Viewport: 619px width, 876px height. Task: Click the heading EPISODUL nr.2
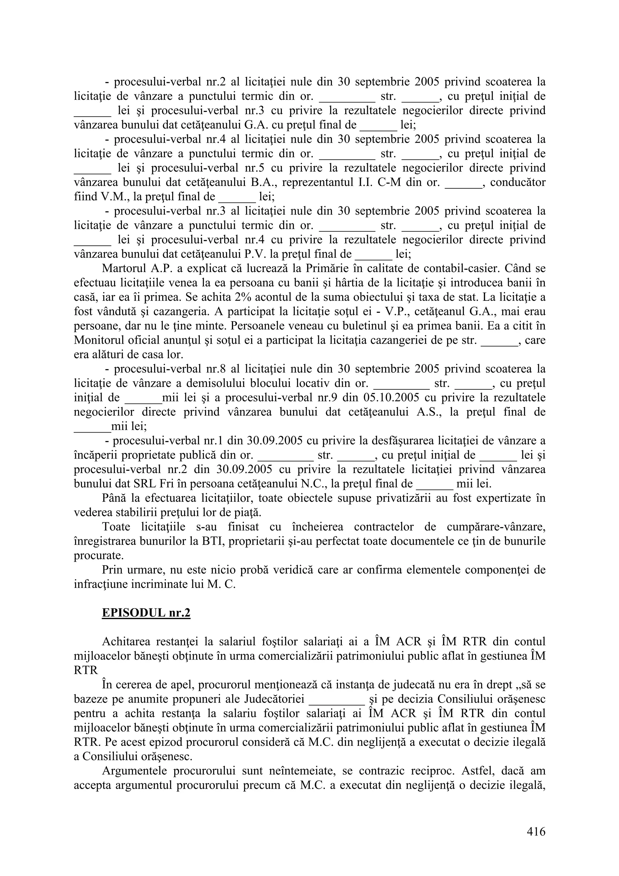[x=146, y=613]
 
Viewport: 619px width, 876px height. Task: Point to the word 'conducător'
[x=517, y=182]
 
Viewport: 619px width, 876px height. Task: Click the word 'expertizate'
[x=491, y=498]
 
